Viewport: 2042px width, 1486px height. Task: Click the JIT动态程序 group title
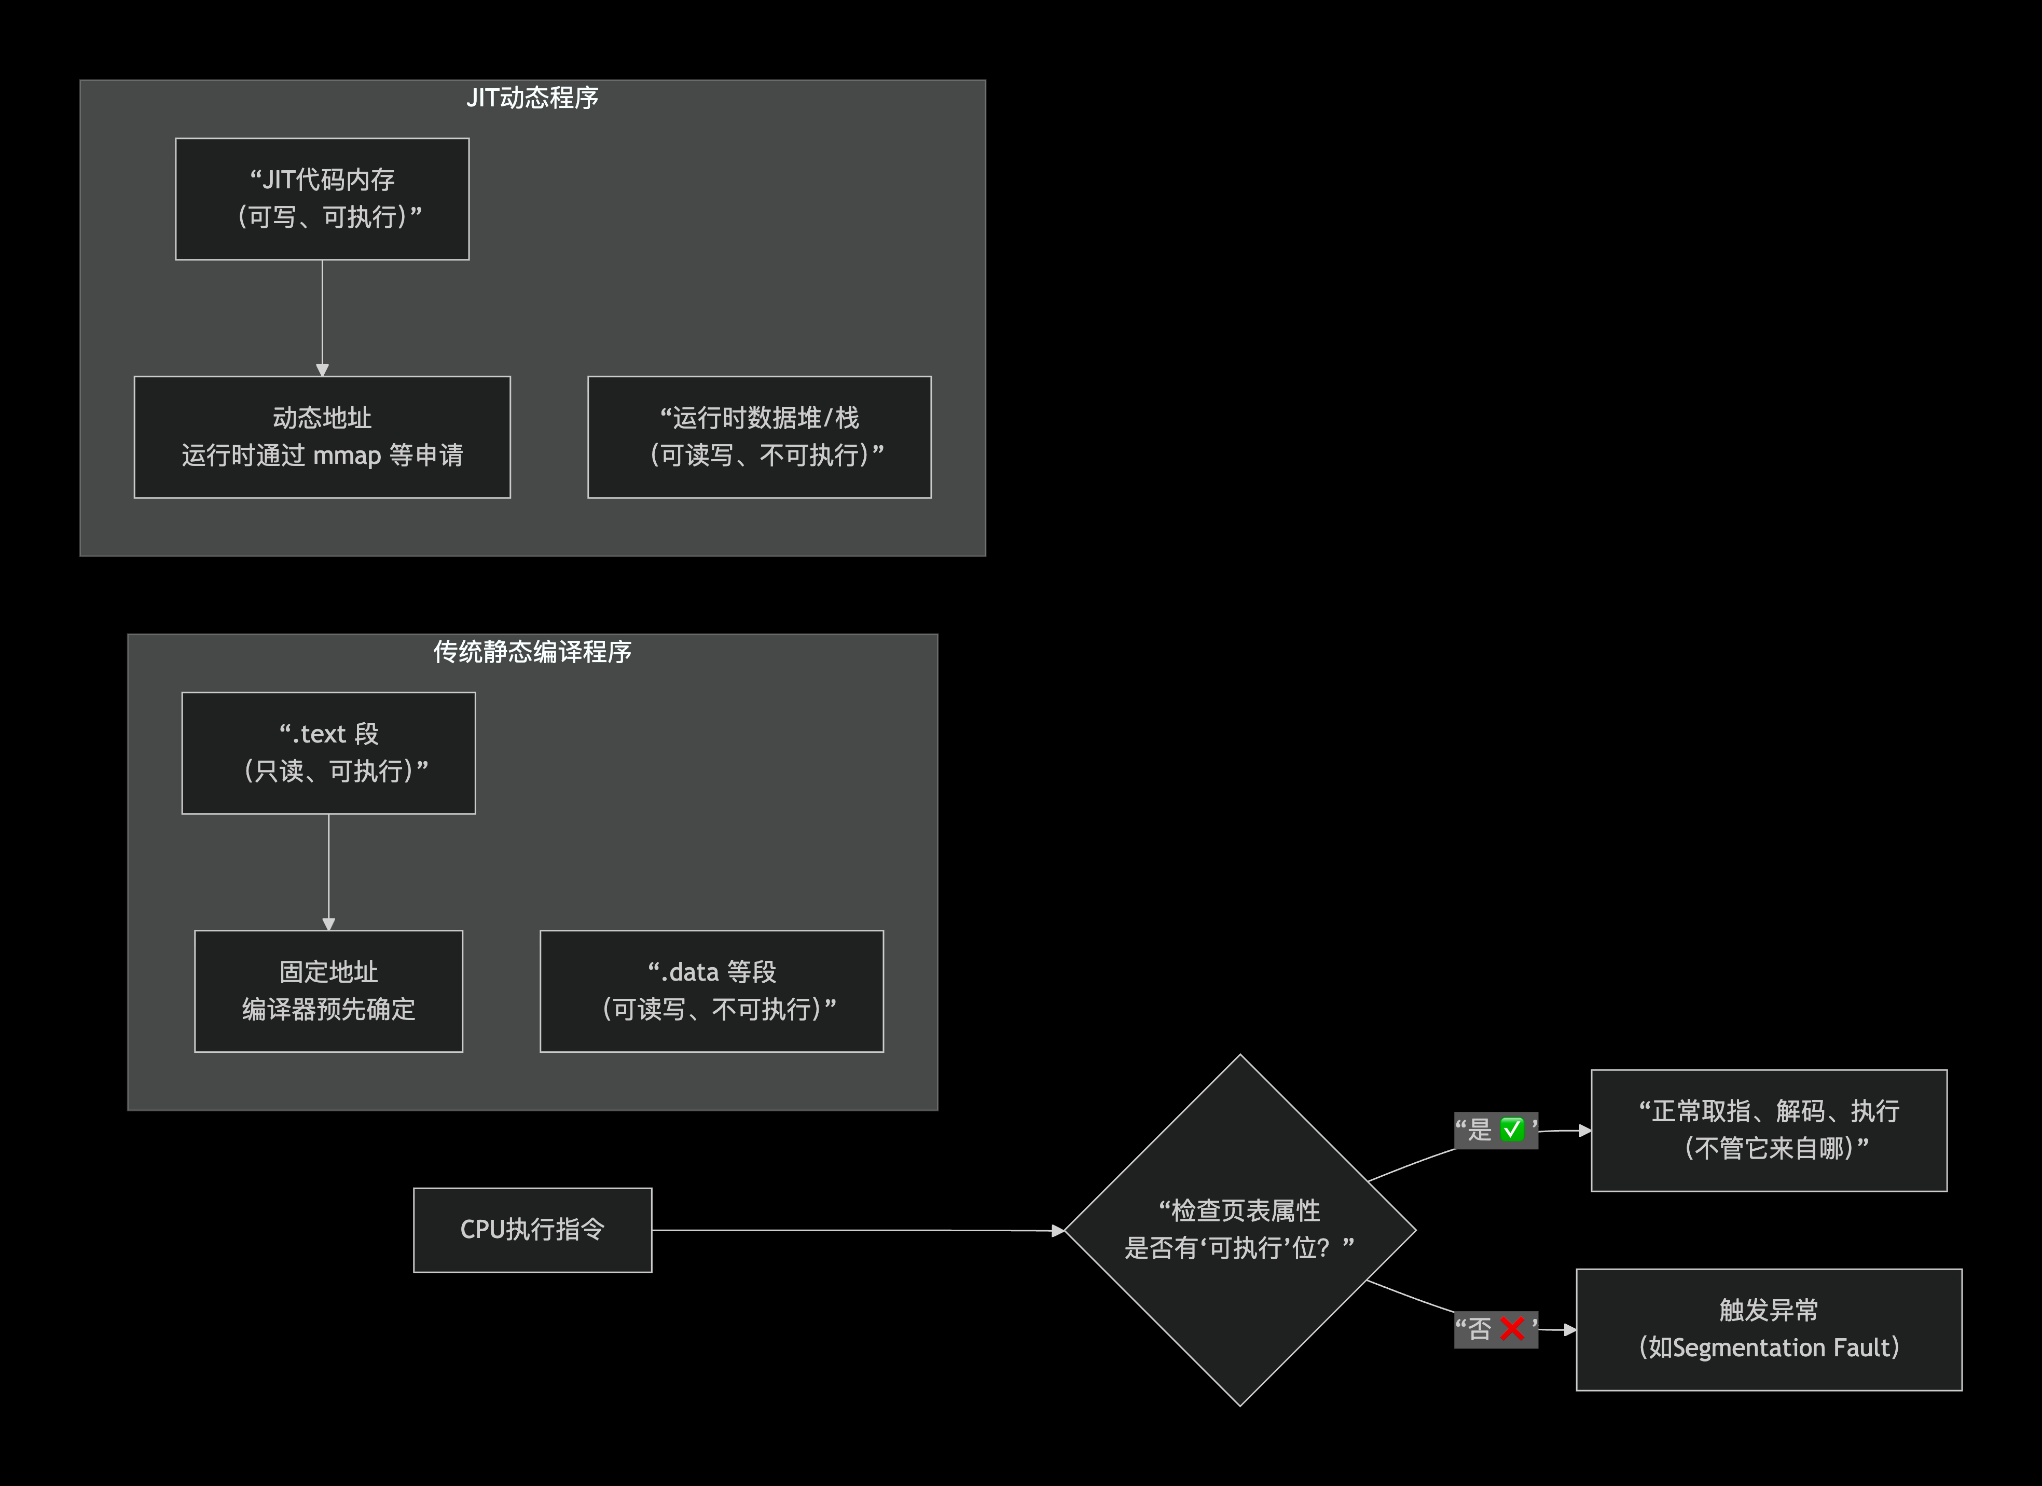[532, 97]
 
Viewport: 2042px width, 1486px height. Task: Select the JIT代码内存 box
[322, 199]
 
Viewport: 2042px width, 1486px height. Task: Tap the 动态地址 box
[322, 437]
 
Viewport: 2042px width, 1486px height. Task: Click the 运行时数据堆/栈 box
[759, 437]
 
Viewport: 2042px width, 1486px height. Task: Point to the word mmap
[347, 456]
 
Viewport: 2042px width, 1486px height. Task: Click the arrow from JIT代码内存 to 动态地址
[322, 315]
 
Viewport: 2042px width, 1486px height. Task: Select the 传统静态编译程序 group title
[532, 651]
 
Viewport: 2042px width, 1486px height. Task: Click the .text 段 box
[328, 753]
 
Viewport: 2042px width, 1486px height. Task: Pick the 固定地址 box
[328, 990]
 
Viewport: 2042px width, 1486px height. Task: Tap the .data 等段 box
[711, 990]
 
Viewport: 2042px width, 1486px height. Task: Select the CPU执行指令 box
[532, 1229]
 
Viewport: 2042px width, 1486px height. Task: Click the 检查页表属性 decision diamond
[1240, 1229]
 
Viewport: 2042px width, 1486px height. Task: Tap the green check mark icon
[1513, 1130]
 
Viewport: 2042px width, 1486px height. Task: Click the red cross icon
[1513, 1328]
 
